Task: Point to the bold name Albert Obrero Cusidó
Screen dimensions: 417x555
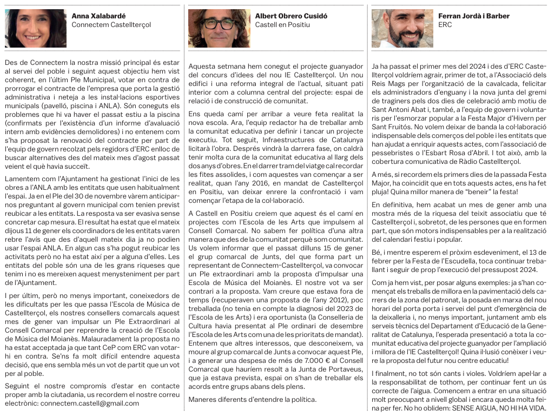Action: [291, 16]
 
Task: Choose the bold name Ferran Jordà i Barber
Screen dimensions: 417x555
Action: [474, 16]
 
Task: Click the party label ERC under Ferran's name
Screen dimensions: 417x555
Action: [445, 25]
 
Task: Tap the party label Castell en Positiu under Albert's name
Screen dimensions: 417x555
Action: [282, 25]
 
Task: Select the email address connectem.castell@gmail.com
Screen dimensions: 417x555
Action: [90, 403]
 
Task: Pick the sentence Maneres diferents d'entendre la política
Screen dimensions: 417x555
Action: [252, 399]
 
